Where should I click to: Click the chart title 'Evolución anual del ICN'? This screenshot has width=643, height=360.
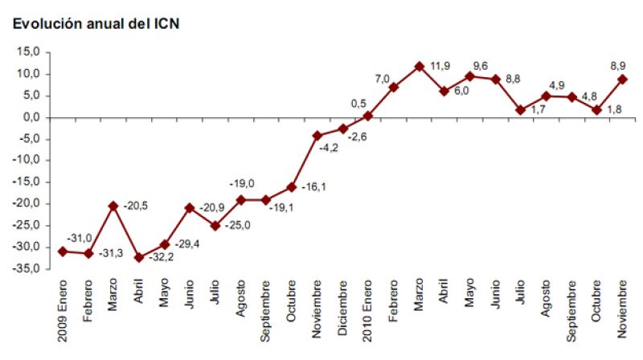click(95, 23)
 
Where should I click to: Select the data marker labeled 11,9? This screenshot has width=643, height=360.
click(419, 66)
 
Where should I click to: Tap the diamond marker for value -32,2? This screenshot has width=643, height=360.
click(138, 257)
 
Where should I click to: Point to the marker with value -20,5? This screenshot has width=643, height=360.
click(113, 206)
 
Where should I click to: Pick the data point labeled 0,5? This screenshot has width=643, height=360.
click(368, 116)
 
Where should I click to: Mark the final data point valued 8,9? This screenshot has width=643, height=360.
click(621, 79)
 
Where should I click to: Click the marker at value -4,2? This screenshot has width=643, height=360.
click(317, 136)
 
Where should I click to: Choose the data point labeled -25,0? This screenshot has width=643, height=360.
click(215, 226)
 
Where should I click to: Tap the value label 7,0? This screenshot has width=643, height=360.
click(383, 78)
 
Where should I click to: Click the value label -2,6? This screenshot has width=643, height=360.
click(358, 137)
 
